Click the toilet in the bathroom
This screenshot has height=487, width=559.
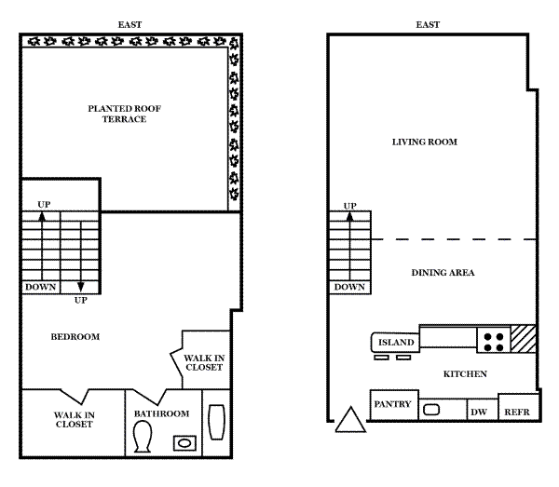click(143, 437)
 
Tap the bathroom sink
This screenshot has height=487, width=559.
click(184, 443)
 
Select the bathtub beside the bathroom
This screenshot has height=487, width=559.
click(216, 422)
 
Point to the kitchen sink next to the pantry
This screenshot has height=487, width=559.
click(431, 410)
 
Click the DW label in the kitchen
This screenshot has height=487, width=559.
click(479, 413)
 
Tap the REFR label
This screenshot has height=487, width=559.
click(516, 413)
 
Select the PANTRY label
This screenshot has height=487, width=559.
click(392, 404)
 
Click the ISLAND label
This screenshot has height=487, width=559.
click(396, 343)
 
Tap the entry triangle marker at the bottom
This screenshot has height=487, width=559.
click(350, 420)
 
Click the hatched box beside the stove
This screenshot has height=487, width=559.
click(524, 339)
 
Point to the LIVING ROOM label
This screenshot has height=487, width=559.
click(425, 142)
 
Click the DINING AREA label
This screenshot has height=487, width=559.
click(443, 273)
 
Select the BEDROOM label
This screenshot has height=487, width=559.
click(75, 337)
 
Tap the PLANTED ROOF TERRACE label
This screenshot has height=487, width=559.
click(125, 114)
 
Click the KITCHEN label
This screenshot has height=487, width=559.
click(465, 374)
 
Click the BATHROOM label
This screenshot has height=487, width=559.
click(161, 414)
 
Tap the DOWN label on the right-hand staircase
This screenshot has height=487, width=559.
click(349, 287)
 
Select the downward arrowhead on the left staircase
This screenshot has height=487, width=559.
click(81, 287)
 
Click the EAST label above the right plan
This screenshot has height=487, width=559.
click(428, 25)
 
